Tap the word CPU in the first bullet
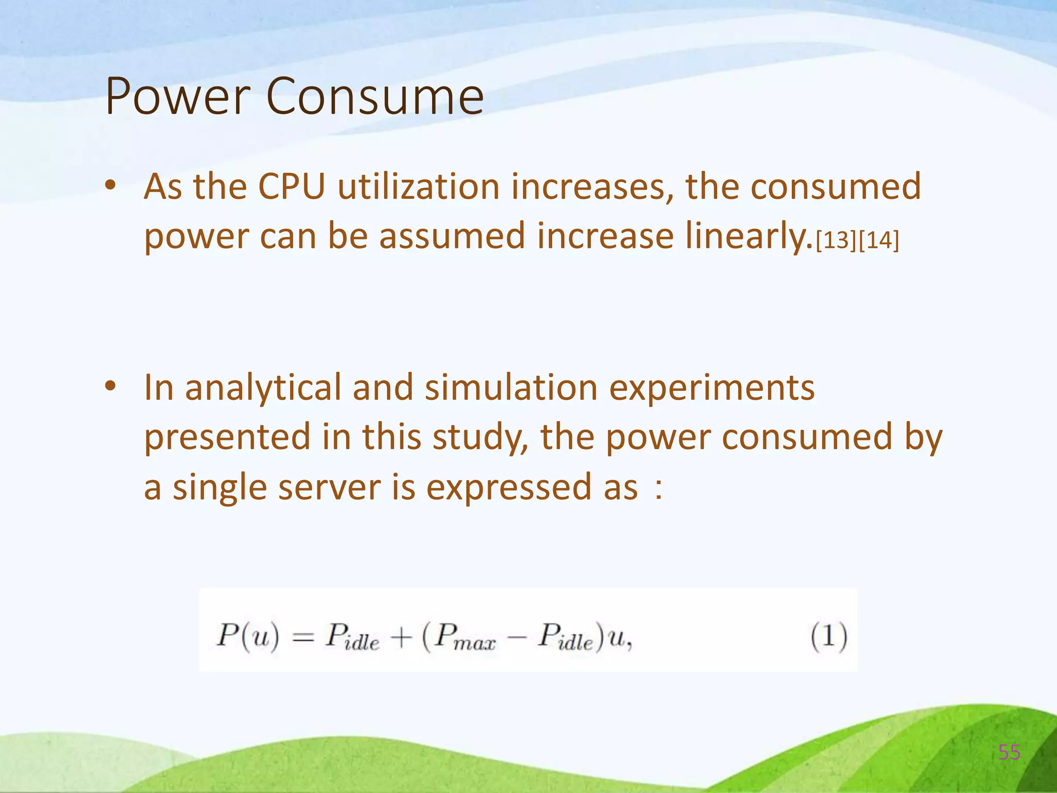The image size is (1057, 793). point(292,186)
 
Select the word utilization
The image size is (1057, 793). point(419,186)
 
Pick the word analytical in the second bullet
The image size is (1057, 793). point(263,388)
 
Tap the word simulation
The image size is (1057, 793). point(511,388)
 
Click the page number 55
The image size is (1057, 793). point(1009,753)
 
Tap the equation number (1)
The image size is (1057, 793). point(828,636)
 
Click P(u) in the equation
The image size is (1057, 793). point(248,636)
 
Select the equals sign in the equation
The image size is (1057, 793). point(303,639)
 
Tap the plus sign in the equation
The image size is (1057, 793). point(401,638)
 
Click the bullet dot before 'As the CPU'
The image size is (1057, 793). point(110,186)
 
